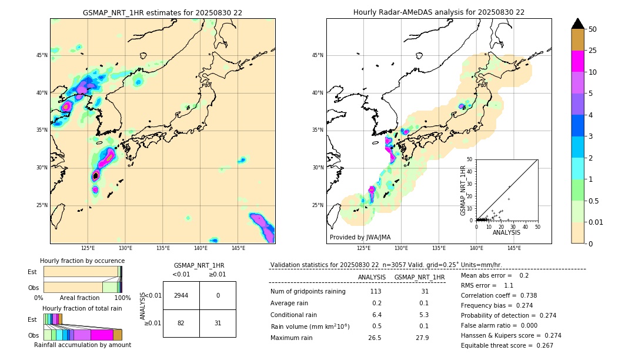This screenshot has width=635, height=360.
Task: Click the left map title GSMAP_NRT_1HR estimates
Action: (x=162, y=12)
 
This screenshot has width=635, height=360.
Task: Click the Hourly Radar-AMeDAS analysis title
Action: (x=439, y=12)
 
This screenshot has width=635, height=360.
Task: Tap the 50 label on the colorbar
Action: (x=593, y=29)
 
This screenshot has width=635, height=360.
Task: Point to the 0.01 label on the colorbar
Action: (x=596, y=222)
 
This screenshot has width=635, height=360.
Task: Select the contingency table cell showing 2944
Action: (x=181, y=295)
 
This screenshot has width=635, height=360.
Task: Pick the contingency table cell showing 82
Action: (x=181, y=324)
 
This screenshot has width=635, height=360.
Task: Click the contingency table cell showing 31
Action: (x=218, y=324)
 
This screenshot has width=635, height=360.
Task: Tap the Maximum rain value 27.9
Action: (x=422, y=338)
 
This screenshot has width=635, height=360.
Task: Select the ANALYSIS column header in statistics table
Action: (x=372, y=277)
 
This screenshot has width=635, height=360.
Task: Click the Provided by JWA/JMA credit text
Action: (x=360, y=238)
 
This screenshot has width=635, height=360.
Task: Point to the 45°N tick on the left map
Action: (x=42, y=55)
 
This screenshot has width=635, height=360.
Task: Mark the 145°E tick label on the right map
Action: (x=514, y=248)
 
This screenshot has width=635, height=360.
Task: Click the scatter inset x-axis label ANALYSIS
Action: (x=506, y=232)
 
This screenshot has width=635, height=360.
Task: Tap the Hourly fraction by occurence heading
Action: (x=82, y=261)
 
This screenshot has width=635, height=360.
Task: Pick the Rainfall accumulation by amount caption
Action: (x=82, y=345)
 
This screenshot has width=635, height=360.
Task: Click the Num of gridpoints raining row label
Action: (x=308, y=291)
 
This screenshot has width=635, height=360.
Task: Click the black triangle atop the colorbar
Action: (x=578, y=24)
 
